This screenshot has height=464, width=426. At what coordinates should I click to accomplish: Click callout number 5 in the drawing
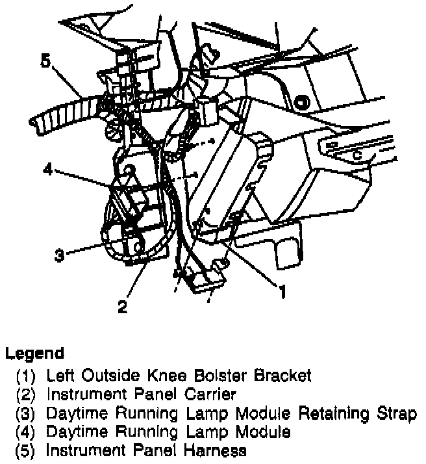point(44,62)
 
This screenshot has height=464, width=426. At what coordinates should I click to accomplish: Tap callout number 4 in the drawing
point(47,170)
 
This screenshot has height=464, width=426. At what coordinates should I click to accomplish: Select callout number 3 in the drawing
point(59,255)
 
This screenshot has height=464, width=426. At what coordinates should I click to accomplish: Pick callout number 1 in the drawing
point(282,292)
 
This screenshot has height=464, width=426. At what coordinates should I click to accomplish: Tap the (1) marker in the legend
point(28,375)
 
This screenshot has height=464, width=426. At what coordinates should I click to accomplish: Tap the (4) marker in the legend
point(28,432)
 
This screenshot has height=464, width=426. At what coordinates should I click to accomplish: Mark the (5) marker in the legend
point(28,450)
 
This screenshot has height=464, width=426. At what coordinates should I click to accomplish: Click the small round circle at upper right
point(301,101)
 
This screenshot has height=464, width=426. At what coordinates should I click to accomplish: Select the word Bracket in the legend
point(279,375)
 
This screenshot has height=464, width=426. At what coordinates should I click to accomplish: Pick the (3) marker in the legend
point(28,413)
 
